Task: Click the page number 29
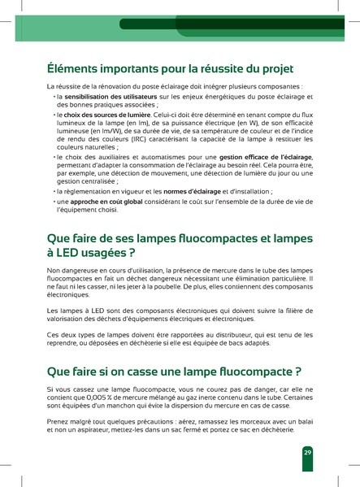point(307,452)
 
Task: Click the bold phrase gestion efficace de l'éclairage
point(260,155)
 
